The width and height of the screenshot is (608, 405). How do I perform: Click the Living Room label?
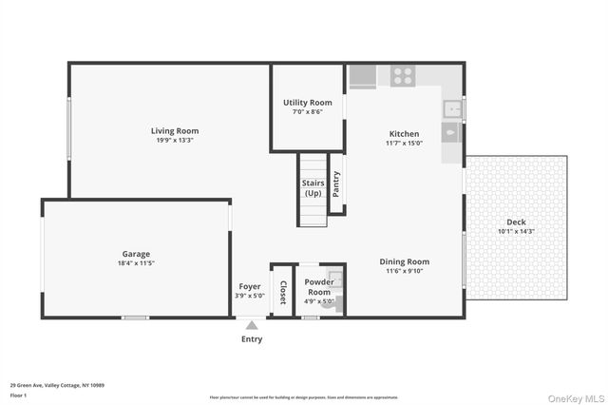click(x=175, y=131)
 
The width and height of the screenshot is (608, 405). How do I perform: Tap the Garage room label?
click(x=136, y=254)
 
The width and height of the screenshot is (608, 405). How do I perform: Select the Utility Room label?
click(x=308, y=103)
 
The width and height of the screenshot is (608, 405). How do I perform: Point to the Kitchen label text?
click(x=404, y=134)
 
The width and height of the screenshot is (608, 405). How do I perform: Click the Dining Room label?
click(x=405, y=261)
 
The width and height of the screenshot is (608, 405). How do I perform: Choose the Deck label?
click(x=516, y=222)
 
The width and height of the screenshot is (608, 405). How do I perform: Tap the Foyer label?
click(x=250, y=286)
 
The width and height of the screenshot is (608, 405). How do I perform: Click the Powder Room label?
click(x=317, y=286)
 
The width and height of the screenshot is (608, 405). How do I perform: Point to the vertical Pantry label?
click(x=336, y=184)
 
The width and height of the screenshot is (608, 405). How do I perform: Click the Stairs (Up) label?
click(x=313, y=187)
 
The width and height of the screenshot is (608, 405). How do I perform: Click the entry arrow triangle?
click(x=252, y=325)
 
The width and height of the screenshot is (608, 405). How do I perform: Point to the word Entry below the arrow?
click(x=252, y=339)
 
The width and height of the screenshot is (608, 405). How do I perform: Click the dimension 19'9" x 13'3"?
click(x=175, y=142)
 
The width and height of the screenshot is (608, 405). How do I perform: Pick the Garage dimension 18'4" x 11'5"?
click(x=136, y=263)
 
